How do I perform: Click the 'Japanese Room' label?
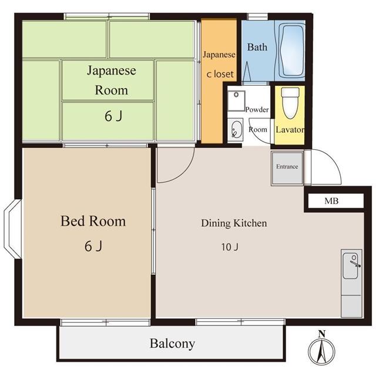click(112, 80)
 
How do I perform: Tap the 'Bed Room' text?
click(93, 221)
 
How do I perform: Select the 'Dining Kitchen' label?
click(234, 223)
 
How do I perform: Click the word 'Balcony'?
click(172, 344)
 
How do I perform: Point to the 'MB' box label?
click(331, 202)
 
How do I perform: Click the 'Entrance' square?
click(287, 167)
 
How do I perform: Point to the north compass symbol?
click(321, 350)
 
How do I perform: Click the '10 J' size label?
click(230, 247)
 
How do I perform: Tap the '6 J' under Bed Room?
click(93, 246)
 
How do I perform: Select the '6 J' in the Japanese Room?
click(113, 116)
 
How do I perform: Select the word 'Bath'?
click(257, 47)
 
